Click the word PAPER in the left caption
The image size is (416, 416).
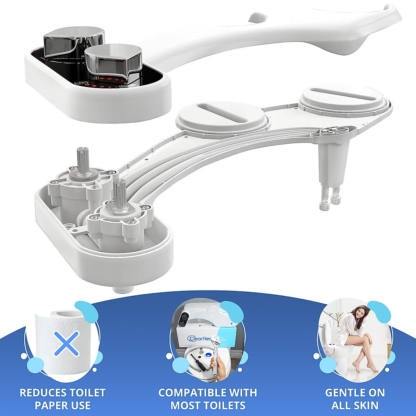[x=50, y=405]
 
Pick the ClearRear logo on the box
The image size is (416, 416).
[x=199, y=338]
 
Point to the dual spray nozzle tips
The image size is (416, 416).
[x=330, y=201]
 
